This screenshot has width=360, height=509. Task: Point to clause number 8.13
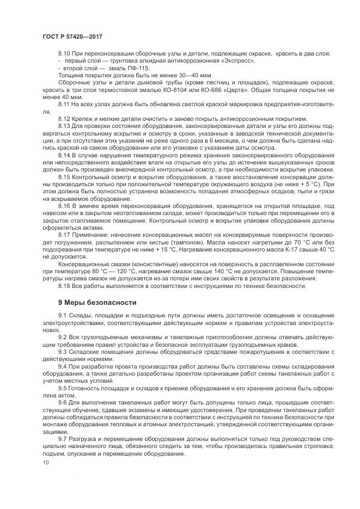[x=64, y=126]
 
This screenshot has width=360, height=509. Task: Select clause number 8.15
[x=64, y=177]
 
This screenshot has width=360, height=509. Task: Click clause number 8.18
[x=64, y=285]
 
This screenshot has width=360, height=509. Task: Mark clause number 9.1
[x=63, y=316]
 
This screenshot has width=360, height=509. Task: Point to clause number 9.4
[x=63, y=366]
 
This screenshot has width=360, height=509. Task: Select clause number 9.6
[x=63, y=402]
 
